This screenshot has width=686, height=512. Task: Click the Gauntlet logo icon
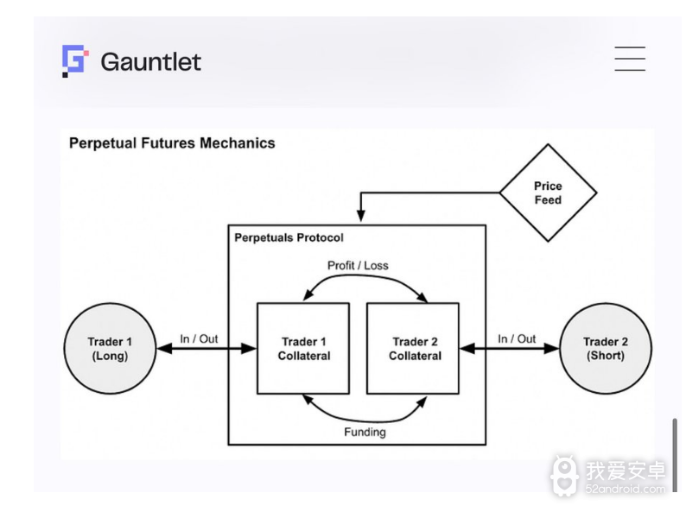point(74,61)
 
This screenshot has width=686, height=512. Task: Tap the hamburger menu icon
point(630,59)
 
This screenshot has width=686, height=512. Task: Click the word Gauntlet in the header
point(151,62)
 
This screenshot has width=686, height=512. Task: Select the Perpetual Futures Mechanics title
point(172,143)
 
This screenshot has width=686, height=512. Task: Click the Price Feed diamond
point(548,193)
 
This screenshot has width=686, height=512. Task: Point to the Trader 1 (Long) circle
point(110,349)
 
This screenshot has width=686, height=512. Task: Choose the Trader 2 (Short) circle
point(606,349)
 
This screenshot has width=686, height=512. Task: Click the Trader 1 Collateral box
point(303,349)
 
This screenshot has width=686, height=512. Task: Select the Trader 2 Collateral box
point(414,349)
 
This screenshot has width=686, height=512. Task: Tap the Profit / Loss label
point(358,265)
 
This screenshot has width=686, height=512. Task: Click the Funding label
point(364,432)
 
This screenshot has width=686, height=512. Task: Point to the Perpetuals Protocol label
point(289,237)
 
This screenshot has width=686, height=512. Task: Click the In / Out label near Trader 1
point(199,338)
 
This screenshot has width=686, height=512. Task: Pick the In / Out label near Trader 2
point(517,338)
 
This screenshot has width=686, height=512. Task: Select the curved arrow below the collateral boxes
point(364,414)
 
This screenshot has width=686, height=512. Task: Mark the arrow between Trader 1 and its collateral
point(206,349)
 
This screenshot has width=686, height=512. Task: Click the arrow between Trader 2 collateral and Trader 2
point(510,349)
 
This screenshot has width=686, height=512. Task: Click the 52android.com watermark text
point(626,489)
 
